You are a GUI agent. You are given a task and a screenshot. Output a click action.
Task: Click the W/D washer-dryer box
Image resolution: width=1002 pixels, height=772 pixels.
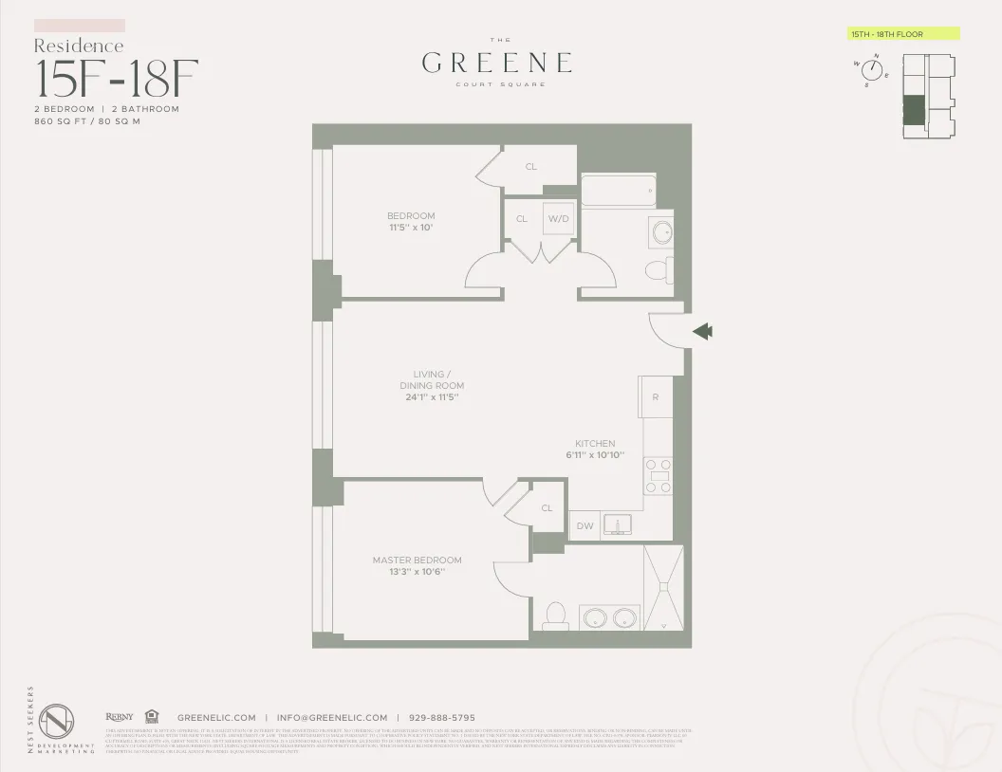(559, 219)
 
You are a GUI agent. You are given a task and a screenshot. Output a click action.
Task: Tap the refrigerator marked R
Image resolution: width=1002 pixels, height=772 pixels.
(656, 397)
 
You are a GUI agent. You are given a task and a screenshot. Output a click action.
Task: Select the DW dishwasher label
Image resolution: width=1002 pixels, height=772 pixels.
(584, 526)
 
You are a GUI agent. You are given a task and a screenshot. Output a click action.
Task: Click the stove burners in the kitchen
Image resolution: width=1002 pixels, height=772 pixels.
(659, 475)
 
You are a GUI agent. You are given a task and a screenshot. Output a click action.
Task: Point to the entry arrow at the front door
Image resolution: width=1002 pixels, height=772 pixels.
(703, 331)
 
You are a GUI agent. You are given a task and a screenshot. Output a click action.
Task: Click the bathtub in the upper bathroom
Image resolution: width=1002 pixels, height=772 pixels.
(618, 191)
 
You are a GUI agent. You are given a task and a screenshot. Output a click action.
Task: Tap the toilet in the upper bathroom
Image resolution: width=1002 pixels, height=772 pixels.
(658, 271)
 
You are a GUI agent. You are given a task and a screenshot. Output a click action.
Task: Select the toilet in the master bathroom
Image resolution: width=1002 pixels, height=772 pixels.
(556, 616)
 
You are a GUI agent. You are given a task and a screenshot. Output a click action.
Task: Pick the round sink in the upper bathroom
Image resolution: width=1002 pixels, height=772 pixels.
(660, 231)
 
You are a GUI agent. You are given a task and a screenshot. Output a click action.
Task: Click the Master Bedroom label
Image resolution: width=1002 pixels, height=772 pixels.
(417, 561)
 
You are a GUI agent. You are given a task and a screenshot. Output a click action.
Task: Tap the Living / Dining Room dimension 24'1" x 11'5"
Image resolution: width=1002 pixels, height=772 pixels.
(432, 397)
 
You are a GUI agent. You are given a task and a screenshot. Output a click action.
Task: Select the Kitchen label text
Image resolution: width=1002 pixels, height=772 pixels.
(595, 443)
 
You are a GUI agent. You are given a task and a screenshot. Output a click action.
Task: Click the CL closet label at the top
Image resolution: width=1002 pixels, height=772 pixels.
(531, 167)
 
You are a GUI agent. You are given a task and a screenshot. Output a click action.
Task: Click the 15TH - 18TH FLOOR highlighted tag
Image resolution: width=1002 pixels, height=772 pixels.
(903, 34)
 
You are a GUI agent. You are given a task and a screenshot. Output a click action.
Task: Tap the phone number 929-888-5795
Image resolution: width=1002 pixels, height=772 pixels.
(441, 718)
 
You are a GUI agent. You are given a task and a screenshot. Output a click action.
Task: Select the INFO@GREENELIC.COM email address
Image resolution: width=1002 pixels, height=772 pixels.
(332, 718)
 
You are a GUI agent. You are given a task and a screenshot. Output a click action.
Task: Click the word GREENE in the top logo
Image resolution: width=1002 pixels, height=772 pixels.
(497, 63)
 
